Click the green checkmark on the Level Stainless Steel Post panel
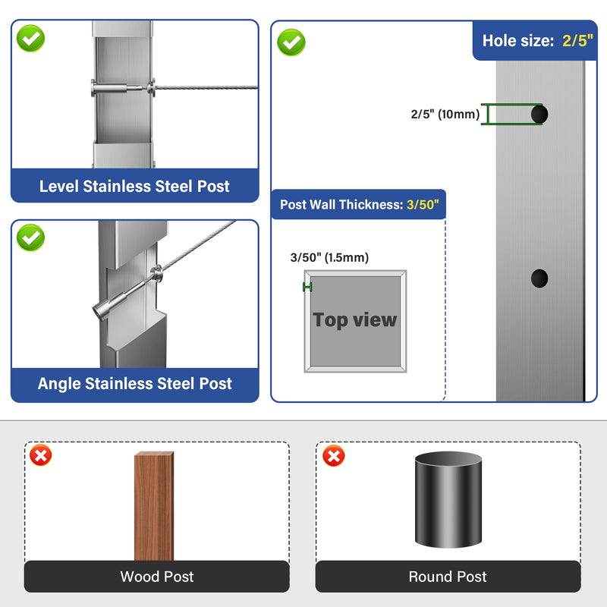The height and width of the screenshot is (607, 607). pos(30,39)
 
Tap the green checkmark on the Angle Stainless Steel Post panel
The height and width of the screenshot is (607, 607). pos(30,237)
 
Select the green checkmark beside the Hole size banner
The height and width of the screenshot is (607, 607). pos(291,42)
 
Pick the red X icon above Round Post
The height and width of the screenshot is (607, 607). pos(334,456)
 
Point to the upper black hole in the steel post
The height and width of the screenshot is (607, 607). pos(539,115)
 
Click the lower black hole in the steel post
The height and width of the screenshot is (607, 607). pos(539,278)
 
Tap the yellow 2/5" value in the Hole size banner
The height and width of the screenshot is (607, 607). pos(577,41)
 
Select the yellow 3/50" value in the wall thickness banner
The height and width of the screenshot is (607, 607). pos(423,204)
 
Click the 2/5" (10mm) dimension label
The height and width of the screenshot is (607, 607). pos(445,115)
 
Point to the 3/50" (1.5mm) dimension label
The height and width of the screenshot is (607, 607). pos(329,257)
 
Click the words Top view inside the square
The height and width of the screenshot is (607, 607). pos(354,320)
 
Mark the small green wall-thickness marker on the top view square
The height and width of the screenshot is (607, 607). pos(307,287)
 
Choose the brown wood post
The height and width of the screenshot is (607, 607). pos(154,506)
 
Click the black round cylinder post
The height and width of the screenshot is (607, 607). pos(448,499)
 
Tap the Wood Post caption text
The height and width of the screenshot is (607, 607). pos(157,577)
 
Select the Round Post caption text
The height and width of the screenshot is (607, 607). pos(448,577)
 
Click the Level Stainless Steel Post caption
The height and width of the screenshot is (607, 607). pos(134,186)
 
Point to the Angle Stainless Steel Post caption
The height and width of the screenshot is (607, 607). pos(135,384)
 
